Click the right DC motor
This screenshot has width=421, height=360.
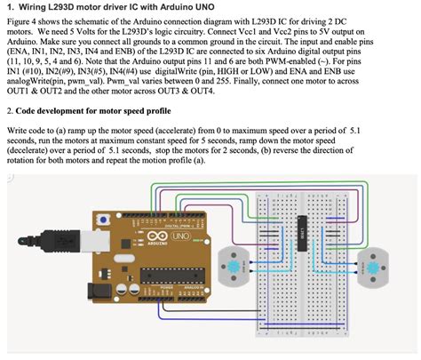pos(372,264)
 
